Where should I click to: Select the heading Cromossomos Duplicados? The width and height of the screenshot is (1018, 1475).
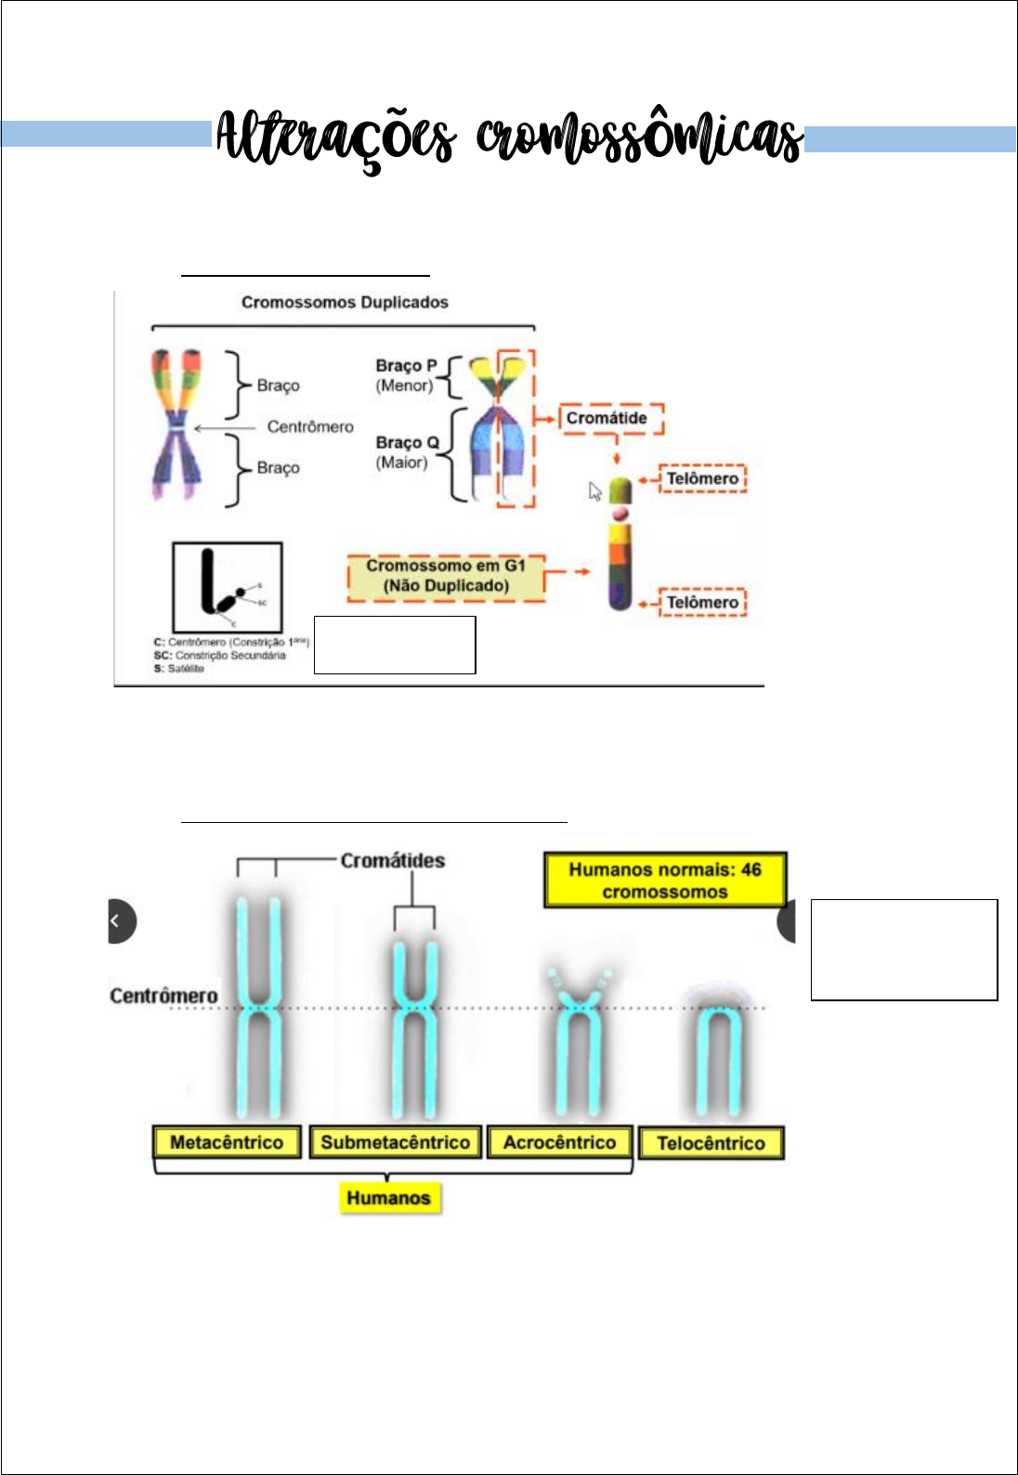coord(345,303)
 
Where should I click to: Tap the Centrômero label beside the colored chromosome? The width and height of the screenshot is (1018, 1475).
coord(310,427)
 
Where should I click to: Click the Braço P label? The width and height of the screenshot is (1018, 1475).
coord(406,366)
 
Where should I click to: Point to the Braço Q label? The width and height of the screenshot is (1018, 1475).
coord(407,443)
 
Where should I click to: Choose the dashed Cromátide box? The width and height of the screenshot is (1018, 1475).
coord(610,419)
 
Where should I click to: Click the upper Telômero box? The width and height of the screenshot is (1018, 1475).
coord(702,479)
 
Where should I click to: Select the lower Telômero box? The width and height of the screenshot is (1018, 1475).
coord(702,603)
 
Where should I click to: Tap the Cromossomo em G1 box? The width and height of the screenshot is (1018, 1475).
coord(446,577)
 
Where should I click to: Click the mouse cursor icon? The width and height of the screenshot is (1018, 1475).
coord(595,491)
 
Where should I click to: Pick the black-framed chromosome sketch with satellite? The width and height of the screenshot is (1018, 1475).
coord(228,586)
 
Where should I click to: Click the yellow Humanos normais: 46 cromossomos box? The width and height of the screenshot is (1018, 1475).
coord(665,881)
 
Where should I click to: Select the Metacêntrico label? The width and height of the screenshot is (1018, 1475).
coord(227,1142)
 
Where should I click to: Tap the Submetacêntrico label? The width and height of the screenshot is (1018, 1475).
coord(395,1142)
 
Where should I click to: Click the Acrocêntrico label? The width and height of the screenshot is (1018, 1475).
coord(559,1142)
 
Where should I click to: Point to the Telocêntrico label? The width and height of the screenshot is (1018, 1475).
coord(711,1143)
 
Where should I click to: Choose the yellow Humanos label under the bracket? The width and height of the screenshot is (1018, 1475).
coord(388,1198)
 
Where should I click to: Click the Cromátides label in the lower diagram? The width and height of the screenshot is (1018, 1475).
coord(392,861)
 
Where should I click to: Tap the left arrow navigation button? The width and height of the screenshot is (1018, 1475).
coord(118,920)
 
